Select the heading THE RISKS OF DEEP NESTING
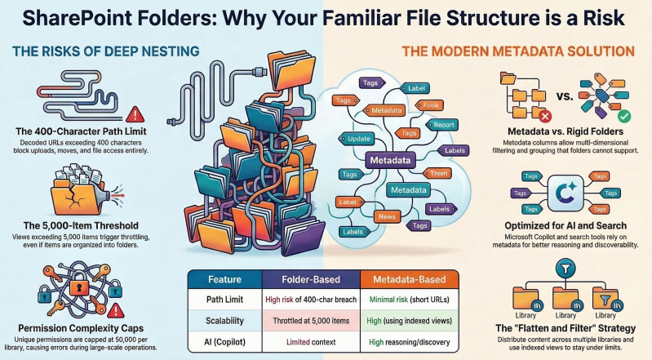coord(106,51)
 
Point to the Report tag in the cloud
coord(445,125)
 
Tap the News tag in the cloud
coord(387,216)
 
